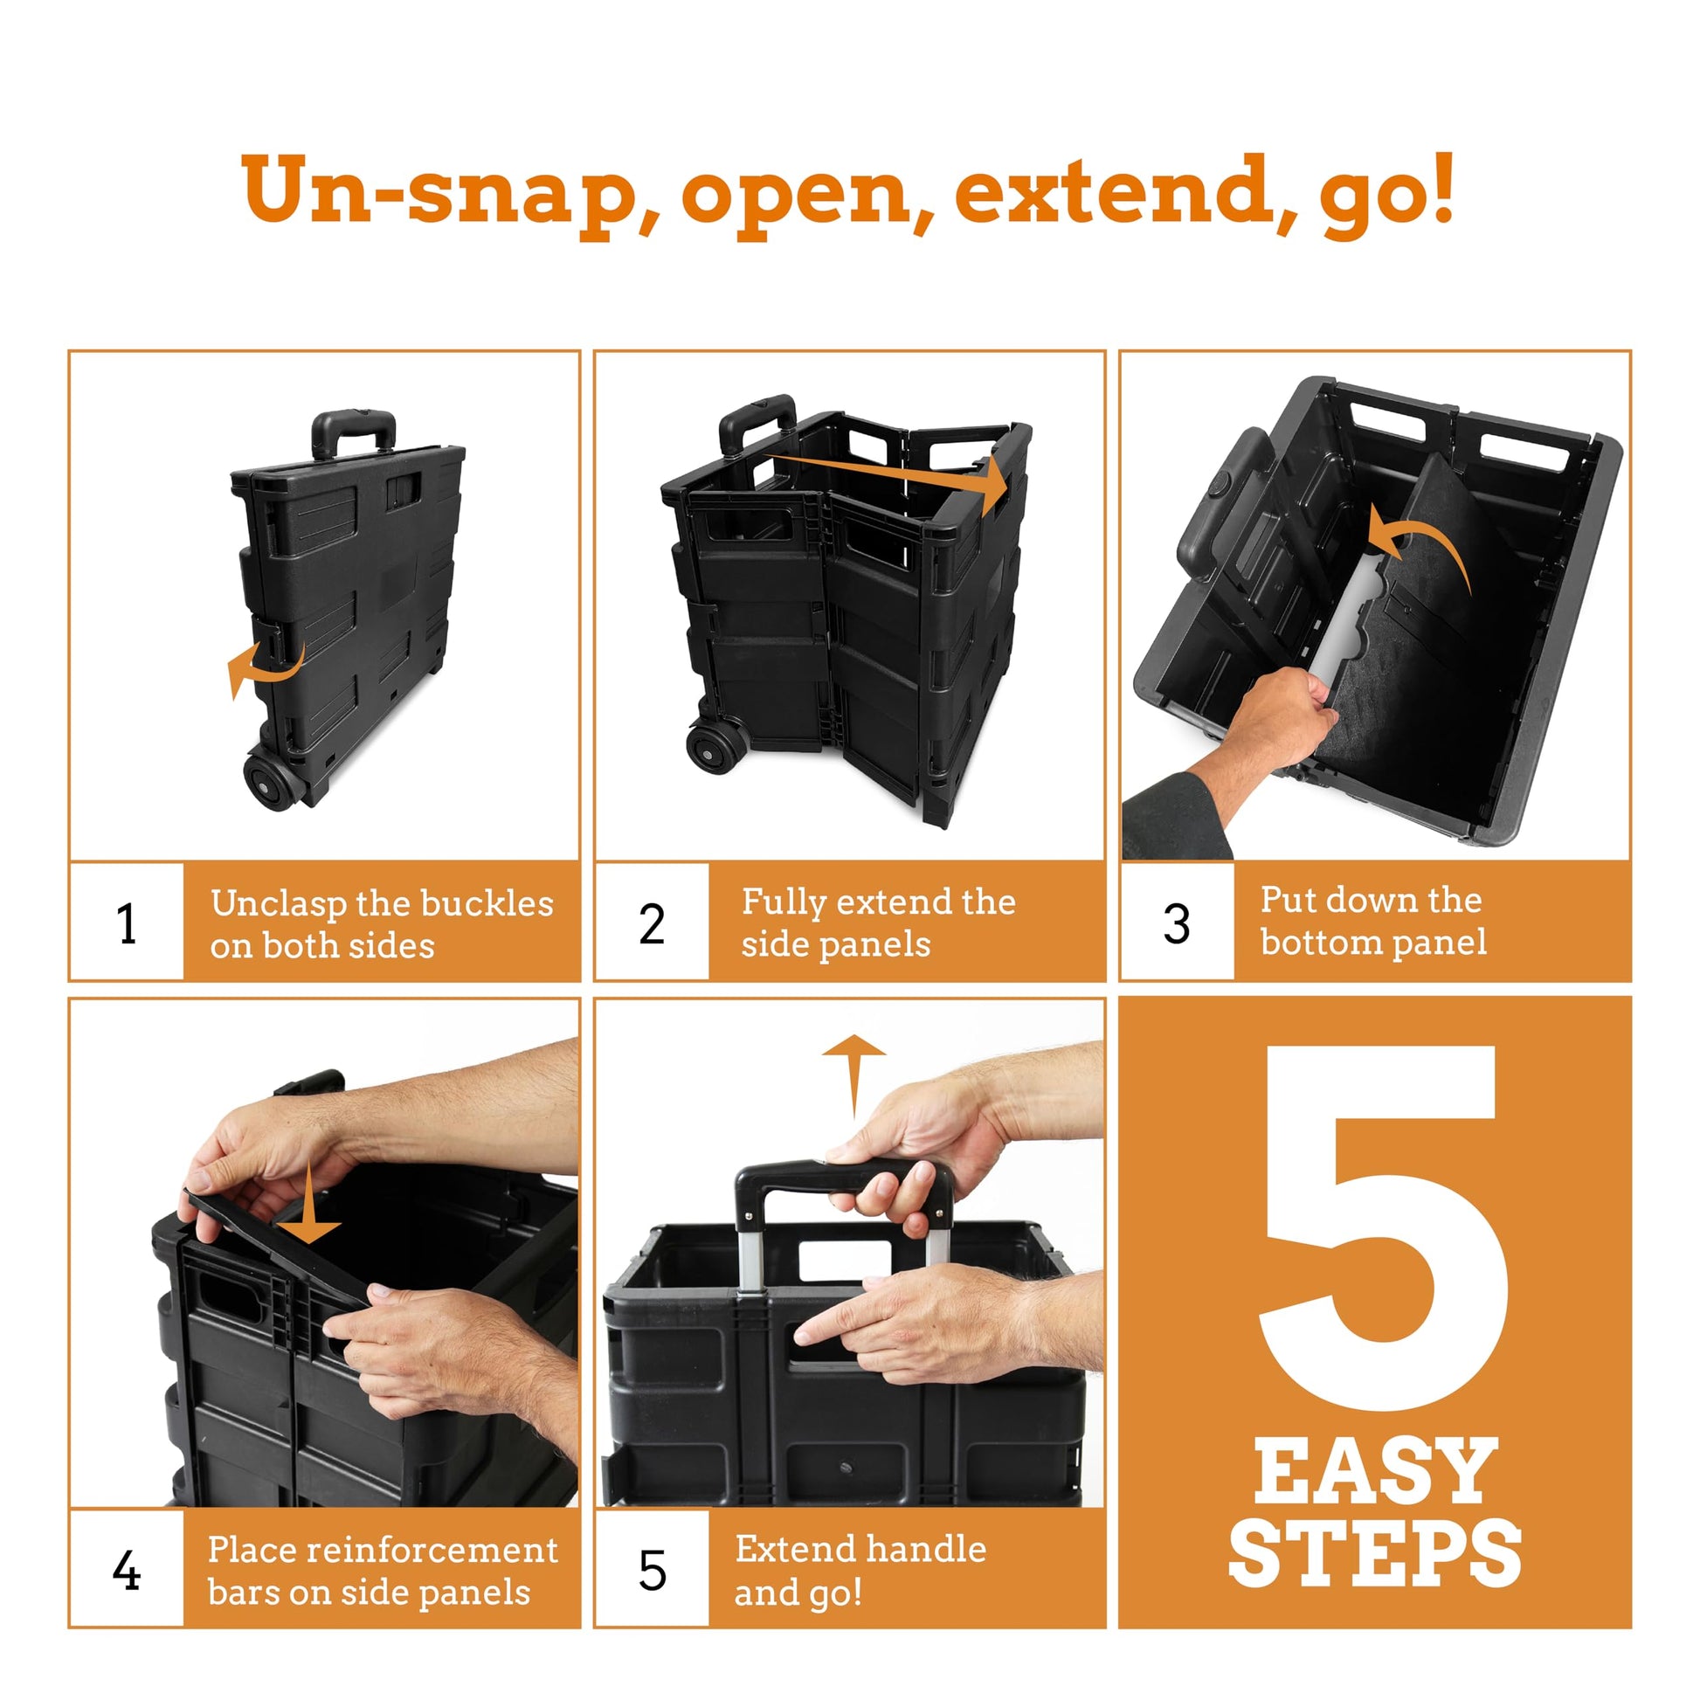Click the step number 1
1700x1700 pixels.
[x=127, y=924]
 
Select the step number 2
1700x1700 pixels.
[x=651, y=924]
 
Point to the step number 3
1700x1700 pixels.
[x=1177, y=924]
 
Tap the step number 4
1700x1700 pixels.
[x=127, y=1571]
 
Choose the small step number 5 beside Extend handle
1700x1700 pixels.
[x=652, y=1571]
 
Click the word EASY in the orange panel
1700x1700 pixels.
[x=1375, y=1472]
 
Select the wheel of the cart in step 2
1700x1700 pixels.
[x=718, y=747]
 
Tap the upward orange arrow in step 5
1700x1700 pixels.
[x=853, y=1075]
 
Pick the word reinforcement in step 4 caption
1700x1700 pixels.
[x=418, y=1551]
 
